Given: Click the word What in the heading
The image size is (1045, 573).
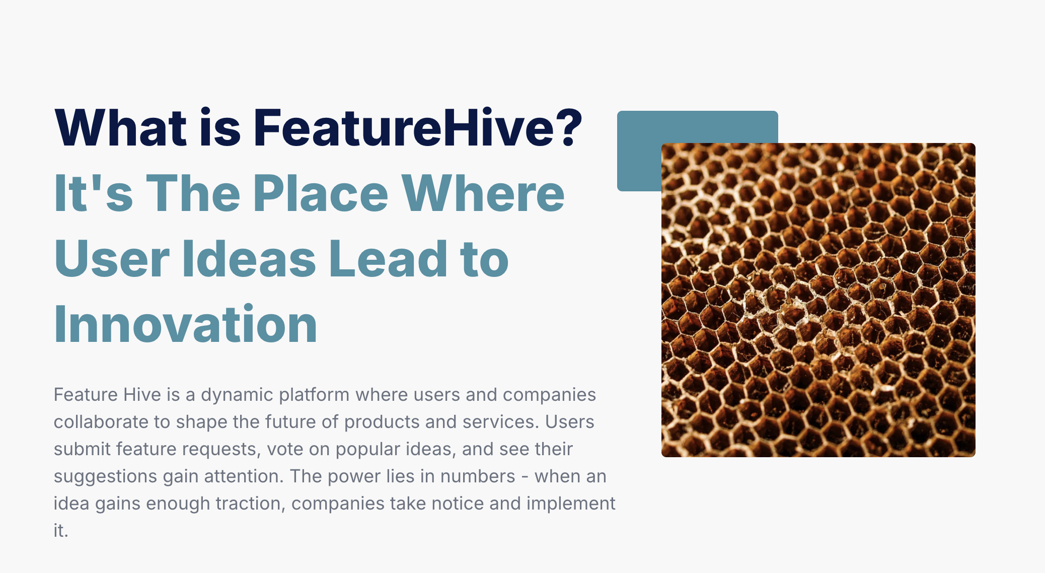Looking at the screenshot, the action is point(121,128).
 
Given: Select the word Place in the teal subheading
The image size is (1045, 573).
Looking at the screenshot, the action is point(321,193).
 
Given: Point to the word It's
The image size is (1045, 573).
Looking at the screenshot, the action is point(94,193).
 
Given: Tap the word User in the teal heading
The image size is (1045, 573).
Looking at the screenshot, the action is point(112,259).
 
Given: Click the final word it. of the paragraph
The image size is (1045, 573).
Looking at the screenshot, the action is point(61,531).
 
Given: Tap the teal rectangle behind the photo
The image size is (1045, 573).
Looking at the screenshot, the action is point(639,151).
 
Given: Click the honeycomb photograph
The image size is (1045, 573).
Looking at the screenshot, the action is point(818,300).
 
